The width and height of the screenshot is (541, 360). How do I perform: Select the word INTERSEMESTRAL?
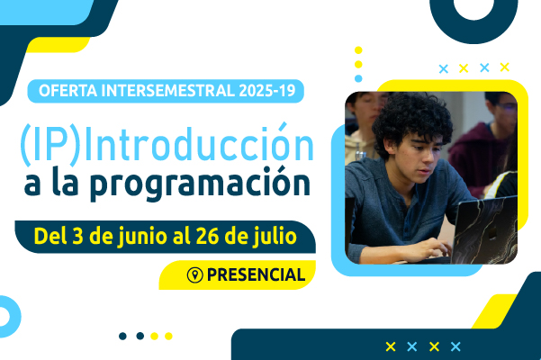(168, 91)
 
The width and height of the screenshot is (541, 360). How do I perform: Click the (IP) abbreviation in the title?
(50, 145)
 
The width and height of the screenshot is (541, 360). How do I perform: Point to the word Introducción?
(199, 142)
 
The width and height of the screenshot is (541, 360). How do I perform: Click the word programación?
(200, 184)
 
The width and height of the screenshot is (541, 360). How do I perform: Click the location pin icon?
(195, 275)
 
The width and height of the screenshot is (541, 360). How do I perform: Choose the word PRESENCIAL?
(256, 275)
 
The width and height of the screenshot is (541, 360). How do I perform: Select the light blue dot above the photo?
(358, 78)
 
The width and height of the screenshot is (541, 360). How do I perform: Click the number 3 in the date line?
(77, 236)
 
